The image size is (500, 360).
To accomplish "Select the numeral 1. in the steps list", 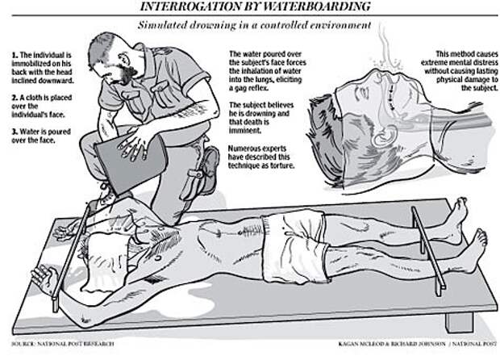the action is pos(15,55).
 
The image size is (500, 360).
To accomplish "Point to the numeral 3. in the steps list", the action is pos(15,132).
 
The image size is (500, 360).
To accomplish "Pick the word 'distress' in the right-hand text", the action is pos(483,62).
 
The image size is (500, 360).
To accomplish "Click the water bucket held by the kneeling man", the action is pos(131,163).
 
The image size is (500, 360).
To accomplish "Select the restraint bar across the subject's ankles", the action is pos(428,250).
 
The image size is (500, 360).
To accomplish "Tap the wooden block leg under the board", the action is pos(459,322).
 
